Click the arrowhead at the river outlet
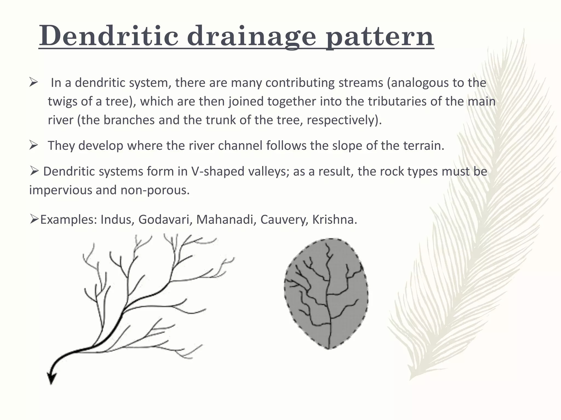(x=51, y=379)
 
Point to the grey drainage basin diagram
(x=326, y=294)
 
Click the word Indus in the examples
(x=117, y=220)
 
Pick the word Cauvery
(x=284, y=220)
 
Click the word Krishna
(x=334, y=220)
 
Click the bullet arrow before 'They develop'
(x=33, y=145)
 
